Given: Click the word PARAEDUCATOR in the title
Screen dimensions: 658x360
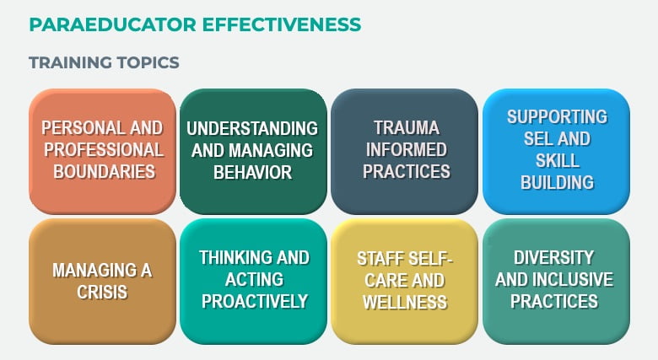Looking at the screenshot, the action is tap(113, 24).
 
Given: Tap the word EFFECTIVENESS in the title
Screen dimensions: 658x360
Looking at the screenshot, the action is tap(282, 24).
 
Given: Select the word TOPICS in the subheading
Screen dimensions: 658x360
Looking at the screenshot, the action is tap(148, 62).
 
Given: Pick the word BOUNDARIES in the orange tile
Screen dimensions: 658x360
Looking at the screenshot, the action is tap(104, 172).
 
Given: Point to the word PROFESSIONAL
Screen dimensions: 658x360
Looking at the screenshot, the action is tap(104, 150).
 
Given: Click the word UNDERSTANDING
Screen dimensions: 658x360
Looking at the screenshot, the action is tap(252, 128).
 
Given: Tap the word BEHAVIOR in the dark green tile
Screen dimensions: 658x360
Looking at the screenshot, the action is tap(252, 172).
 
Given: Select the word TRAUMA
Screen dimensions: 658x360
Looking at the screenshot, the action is tap(407, 128).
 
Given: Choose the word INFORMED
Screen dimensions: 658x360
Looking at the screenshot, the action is tap(407, 150).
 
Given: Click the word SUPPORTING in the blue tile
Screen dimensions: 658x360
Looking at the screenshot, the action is tap(558, 116).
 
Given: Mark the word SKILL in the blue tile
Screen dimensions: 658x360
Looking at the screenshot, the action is tap(558, 160).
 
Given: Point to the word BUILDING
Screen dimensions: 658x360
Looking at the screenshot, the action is tap(558, 182).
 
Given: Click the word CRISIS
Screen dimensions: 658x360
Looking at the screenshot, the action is tap(102, 292).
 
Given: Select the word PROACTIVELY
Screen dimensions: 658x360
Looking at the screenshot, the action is tap(255, 301).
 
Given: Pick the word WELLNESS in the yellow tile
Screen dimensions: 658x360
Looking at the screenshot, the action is tap(405, 302).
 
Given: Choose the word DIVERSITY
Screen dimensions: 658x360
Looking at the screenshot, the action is tap(554, 258).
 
